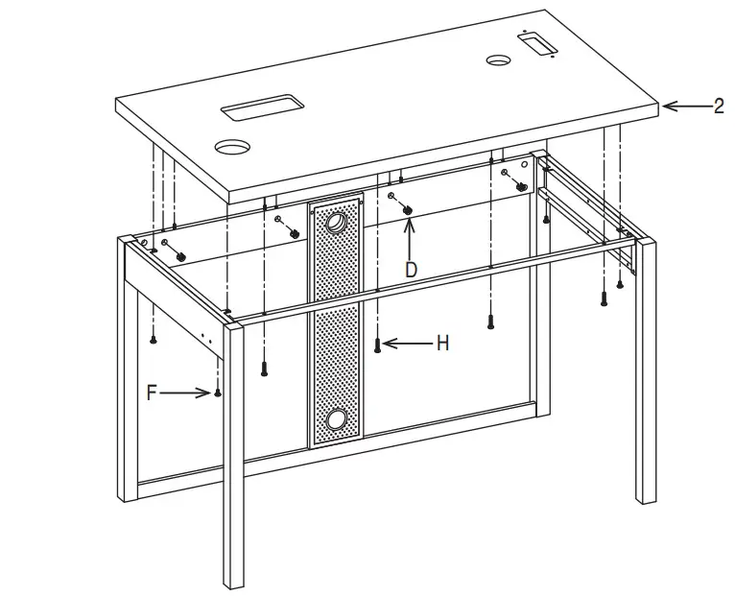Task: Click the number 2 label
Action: [x=719, y=107]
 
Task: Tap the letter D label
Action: [x=411, y=271]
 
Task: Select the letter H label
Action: [x=442, y=344]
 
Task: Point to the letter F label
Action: [x=152, y=392]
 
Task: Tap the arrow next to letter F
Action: [x=185, y=392]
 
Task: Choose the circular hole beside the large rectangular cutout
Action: [x=231, y=148]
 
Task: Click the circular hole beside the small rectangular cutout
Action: [x=498, y=60]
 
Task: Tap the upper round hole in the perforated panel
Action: [x=337, y=225]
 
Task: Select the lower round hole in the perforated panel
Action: [x=336, y=418]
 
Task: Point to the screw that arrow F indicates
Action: [x=219, y=391]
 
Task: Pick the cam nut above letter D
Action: [x=406, y=208]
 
